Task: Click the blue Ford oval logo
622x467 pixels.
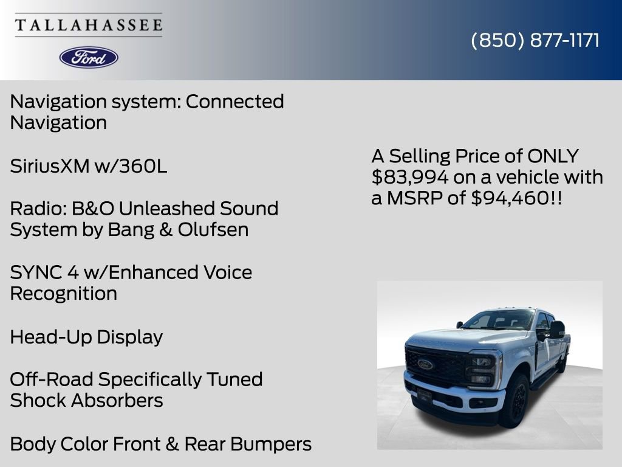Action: click(89, 57)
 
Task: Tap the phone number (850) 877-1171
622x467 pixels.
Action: click(535, 40)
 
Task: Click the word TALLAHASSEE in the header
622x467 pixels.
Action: click(89, 26)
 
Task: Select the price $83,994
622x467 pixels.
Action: click(411, 177)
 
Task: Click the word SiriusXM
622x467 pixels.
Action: click(50, 166)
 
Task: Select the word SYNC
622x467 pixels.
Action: click(33, 272)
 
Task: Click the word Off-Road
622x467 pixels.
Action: click(51, 379)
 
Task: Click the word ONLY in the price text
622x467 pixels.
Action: click(553, 156)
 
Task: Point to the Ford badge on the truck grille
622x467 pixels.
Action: click(425, 364)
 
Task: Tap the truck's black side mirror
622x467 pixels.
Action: click(556, 329)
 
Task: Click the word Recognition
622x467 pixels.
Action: click(64, 294)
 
